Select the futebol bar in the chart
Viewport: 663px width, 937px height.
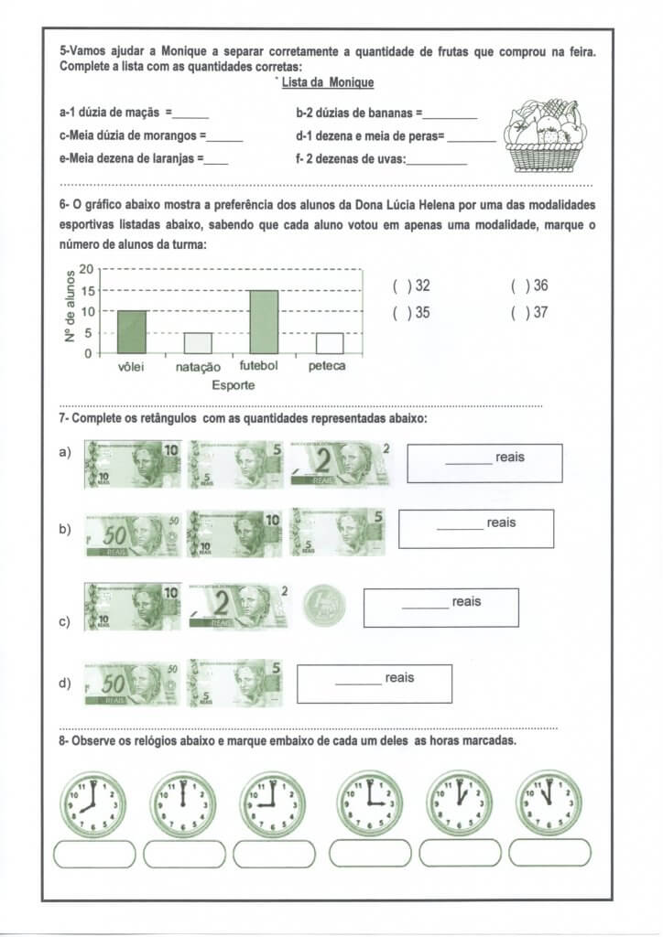coord(264,322)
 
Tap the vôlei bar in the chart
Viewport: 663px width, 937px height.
coord(131,332)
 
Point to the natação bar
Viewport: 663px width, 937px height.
coord(198,343)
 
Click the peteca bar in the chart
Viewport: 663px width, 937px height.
coord(330,343)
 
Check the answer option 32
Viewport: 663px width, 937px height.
coord(399,285)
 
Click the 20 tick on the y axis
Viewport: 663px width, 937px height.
coord(87,269)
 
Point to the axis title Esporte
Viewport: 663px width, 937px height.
coord(234,385)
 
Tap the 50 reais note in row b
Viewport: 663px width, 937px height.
coord(133,533)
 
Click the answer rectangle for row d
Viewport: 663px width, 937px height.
coord(375,684)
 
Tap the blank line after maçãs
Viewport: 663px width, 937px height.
coord(191,116)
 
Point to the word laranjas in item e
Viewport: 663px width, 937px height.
coord(166,157)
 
